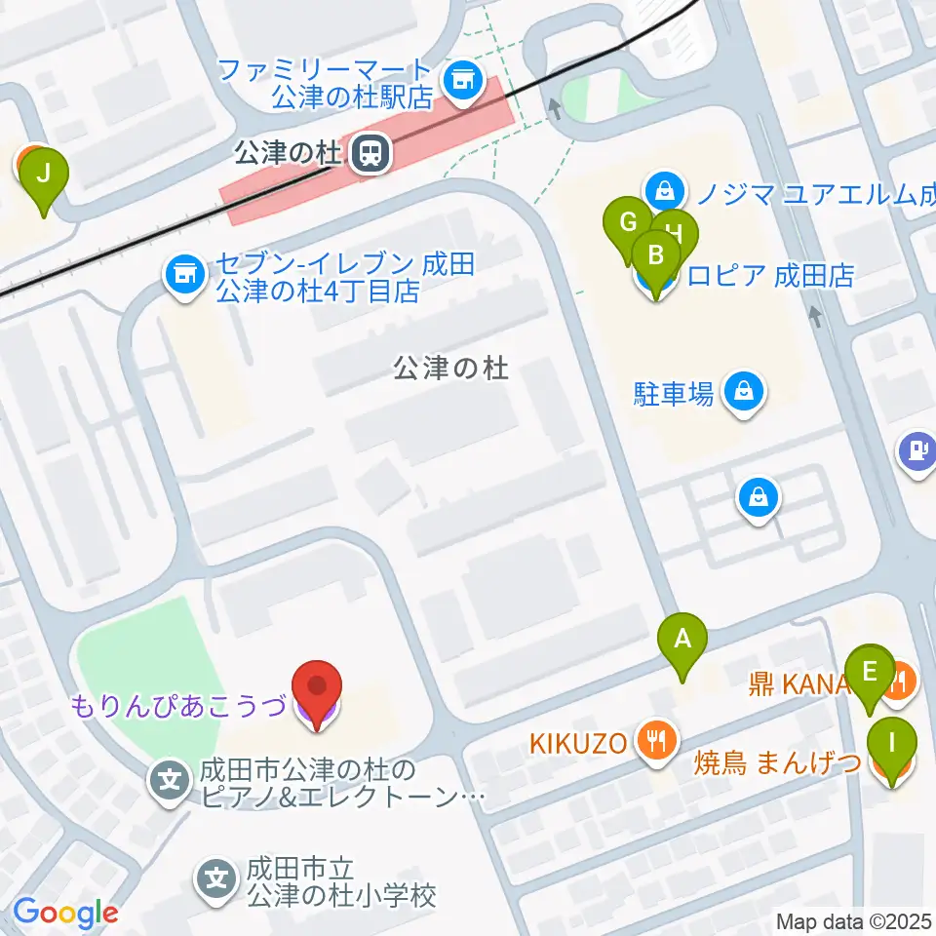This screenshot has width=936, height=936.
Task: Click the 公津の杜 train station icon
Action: coord(370,153)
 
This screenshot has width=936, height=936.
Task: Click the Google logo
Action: coord(65,913)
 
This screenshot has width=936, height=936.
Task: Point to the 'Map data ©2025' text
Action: coord(854,920)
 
